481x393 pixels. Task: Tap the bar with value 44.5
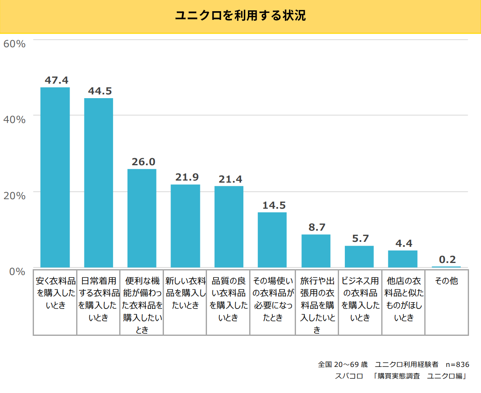[x=99, y=183]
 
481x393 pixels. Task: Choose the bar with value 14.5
[x=272, y=240]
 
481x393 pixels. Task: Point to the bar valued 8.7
[x=316, y=251]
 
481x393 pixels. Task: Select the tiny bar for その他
[x=446, y=267]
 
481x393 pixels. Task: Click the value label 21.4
[x=228, y=179]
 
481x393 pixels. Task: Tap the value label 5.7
[x=359, y=239]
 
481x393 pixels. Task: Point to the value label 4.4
[x=403, y=244]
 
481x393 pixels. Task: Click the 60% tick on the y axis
[x=14, y=43]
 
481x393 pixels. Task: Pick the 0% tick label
[x=18, y=271]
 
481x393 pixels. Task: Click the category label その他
[x=446, y=281]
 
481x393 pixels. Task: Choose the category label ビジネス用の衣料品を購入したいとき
[x=360, y=299]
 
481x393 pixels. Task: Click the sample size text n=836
[x=457, y=364]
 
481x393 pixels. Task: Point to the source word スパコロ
[x=349, y=376]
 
